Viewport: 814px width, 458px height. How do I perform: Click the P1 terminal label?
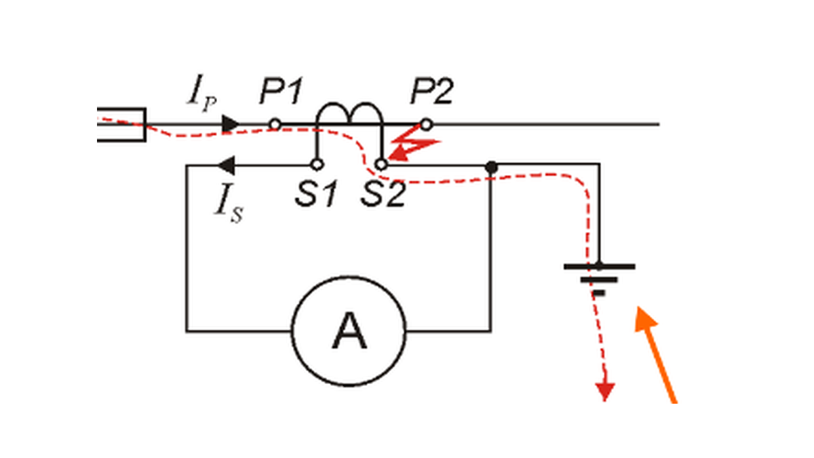[282, 91]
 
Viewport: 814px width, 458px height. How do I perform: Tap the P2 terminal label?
[432, 91]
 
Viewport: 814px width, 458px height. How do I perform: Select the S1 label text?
[316, 194]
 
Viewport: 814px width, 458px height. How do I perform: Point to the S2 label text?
[383, 194]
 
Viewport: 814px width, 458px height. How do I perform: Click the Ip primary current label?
[202, 94]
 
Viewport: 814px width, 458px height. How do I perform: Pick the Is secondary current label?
[229, 204]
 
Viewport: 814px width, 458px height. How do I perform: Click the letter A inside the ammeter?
[349, 331]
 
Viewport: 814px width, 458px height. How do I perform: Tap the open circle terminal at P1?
[275, 124]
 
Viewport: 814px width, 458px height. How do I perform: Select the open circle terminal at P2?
[426, 125]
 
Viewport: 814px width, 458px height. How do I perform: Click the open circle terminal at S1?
[317, 165]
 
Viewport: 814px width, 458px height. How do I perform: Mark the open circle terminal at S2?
[381, 165]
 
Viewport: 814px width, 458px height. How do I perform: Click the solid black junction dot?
[491, 167]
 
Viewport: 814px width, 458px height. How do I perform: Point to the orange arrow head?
[645, 319]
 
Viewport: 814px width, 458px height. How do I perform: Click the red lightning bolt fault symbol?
[414, 143]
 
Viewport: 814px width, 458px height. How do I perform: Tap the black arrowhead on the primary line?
[231, 124]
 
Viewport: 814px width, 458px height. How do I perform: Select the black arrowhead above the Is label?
[226, 166]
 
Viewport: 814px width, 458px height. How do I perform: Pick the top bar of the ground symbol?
[600, 267]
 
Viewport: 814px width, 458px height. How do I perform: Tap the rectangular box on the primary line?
[121, 125]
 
